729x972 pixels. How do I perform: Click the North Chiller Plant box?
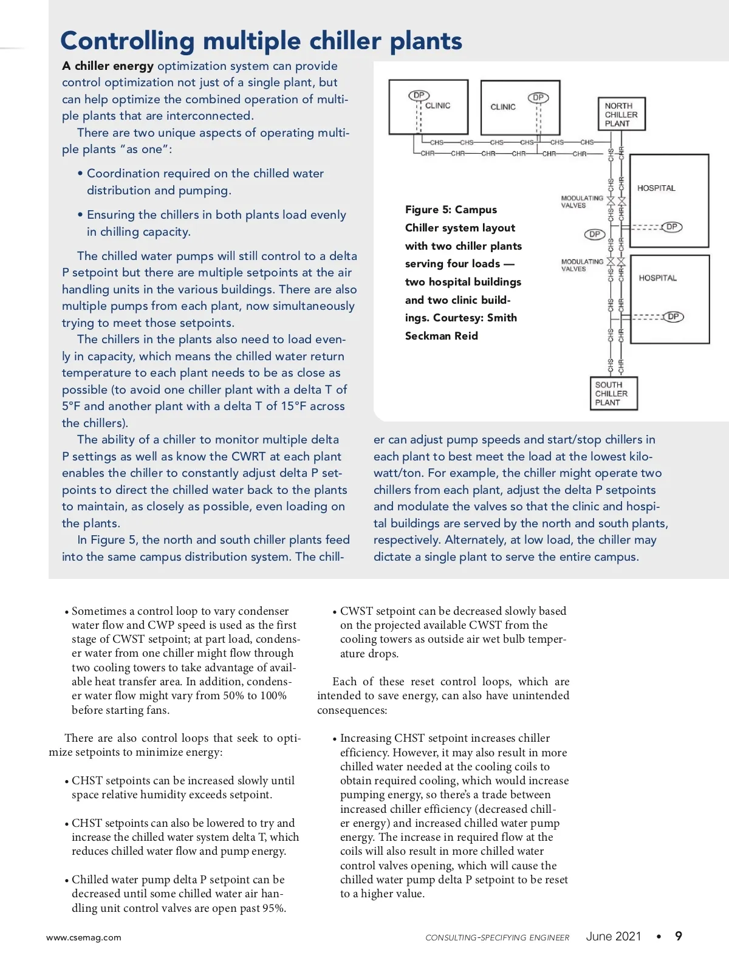pos(621,114)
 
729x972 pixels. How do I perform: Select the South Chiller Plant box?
pos(613,394)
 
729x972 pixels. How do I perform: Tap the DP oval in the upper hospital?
pos(671,227)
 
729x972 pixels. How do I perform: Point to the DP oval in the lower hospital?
pos(673,317)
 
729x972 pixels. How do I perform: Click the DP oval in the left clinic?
pos(419,95)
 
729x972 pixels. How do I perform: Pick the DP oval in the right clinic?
pos(538,97)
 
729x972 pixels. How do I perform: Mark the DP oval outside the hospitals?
pos(595,234)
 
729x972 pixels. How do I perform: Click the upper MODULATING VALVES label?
pos(581,202)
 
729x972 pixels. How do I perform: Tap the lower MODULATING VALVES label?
pos(581,265)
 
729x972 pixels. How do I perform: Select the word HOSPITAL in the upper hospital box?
pos(656,188)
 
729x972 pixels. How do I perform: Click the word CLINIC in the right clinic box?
pos(503,107)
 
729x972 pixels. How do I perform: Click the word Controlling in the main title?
pos(127,41)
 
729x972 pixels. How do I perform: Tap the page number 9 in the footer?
pos(679,936)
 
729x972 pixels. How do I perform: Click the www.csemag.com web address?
pos(84,937)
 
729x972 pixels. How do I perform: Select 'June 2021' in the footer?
pos(614,936)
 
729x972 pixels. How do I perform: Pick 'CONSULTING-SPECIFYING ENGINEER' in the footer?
pos(497,937)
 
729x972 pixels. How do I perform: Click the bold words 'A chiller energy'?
pos(108,66)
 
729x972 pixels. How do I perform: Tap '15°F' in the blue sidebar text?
pos(293,406)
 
